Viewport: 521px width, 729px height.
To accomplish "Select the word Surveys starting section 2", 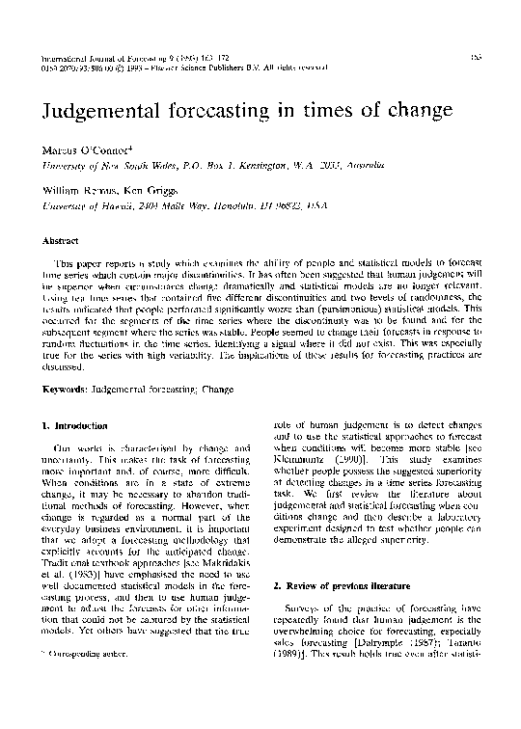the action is [309, 612].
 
